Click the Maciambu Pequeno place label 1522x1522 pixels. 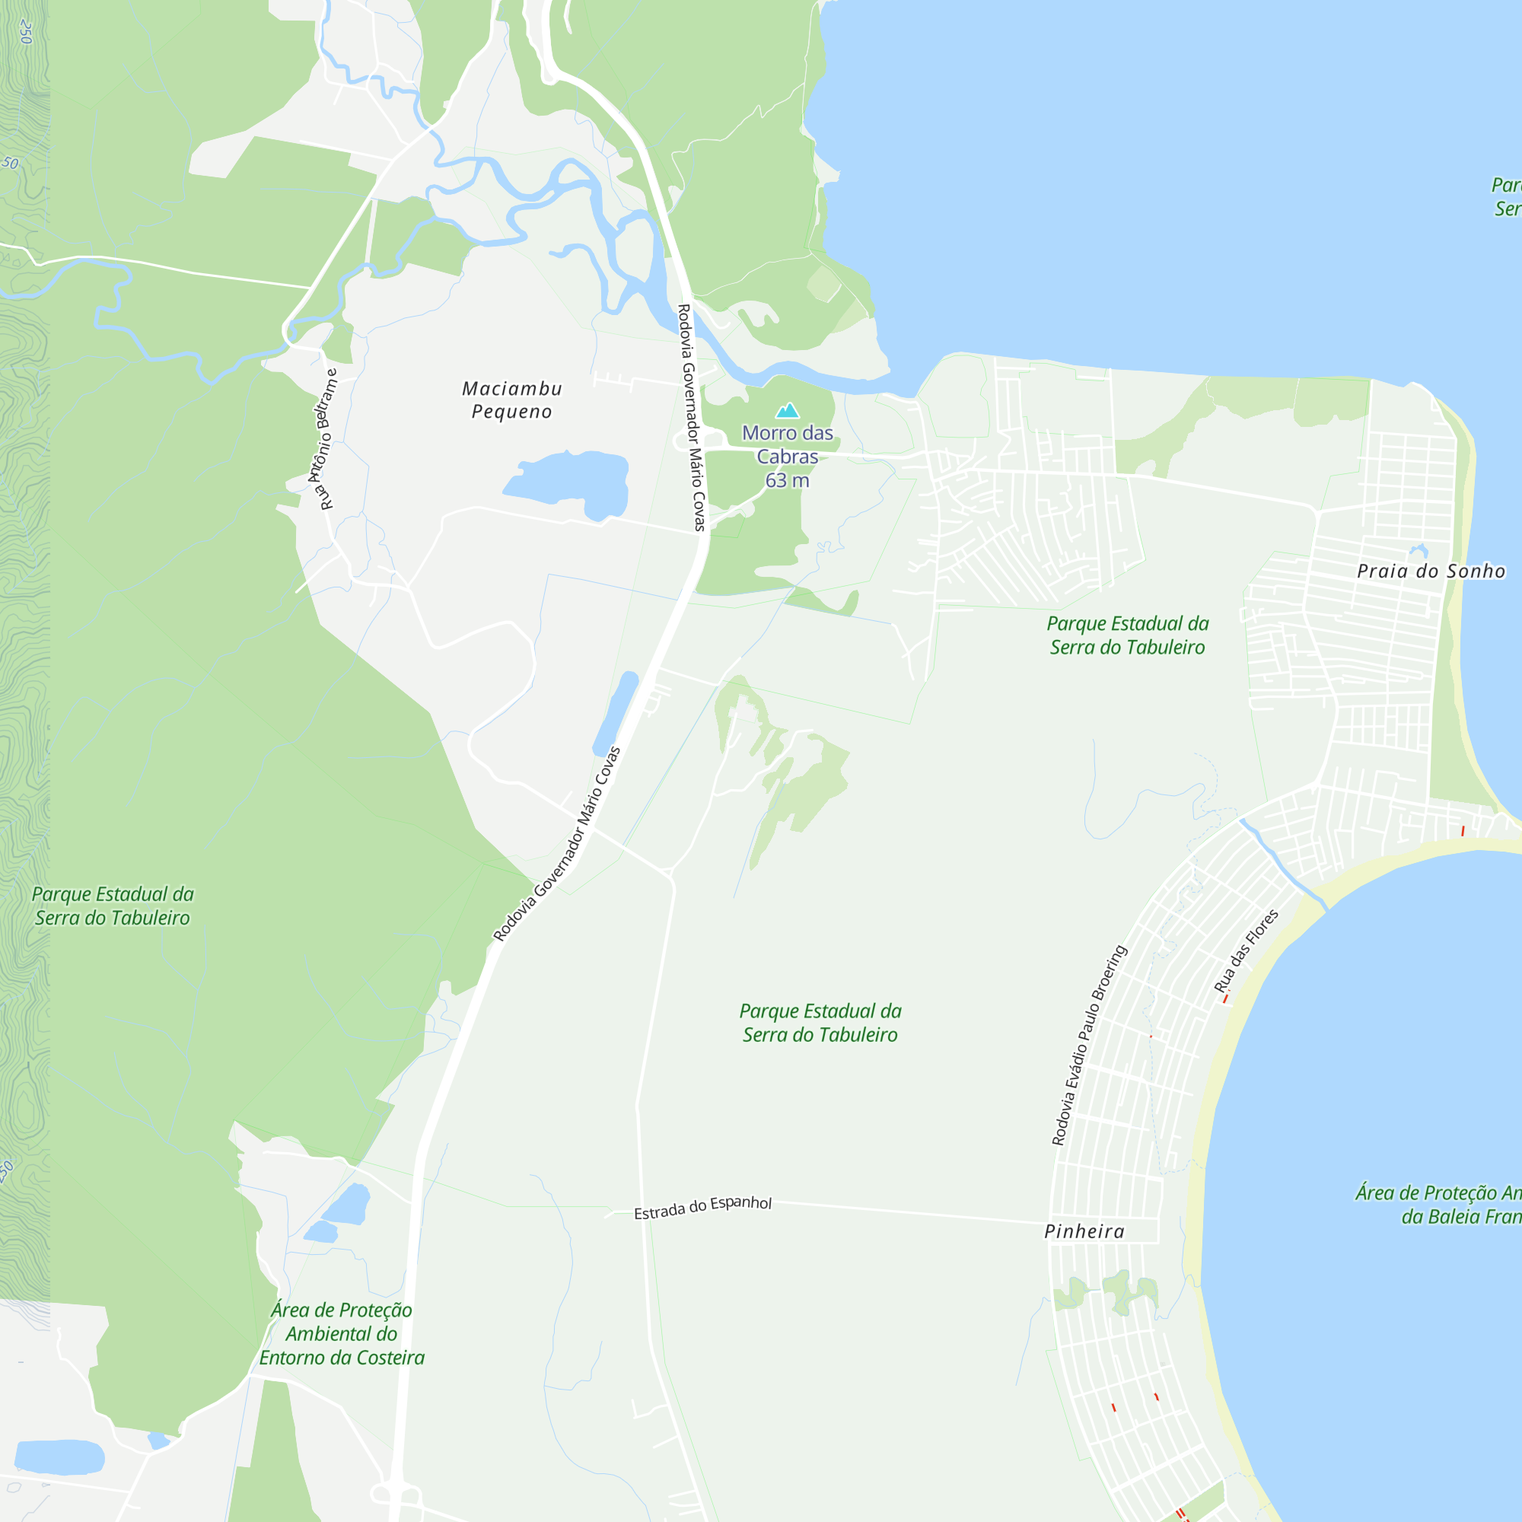point(512,400)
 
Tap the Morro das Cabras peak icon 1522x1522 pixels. point(787,410)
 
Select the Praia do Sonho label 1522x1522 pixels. point(1431,572)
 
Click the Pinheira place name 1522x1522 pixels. point(1084,1231)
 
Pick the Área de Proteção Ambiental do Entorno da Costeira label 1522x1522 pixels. point(341,1334)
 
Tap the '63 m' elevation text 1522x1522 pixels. point(787,480)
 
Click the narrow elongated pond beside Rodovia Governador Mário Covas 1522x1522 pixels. point(615,713)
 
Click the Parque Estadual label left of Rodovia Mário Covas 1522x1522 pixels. point(112,906)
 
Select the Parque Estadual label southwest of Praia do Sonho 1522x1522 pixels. point(1127,635)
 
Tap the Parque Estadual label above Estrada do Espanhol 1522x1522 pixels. point(820,1023)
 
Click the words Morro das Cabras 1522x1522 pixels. point(787,444)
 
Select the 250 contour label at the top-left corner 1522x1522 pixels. point(25,31)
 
